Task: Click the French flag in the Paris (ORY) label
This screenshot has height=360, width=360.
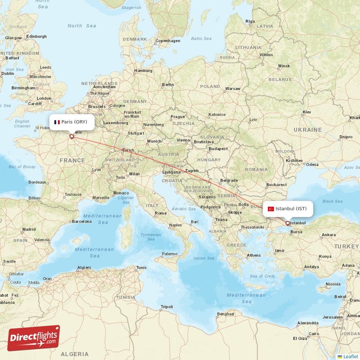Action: point(57,122)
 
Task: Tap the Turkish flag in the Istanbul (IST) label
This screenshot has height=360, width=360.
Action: point(271,209)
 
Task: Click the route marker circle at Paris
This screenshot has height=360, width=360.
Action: point(71,136)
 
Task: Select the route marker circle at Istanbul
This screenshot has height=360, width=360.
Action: point(288,223)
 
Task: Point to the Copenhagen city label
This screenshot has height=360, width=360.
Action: point(167,40)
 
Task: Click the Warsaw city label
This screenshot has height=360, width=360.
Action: point(233,89)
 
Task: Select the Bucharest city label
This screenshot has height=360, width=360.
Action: point(276,184)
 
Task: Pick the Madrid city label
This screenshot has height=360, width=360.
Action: point(28,229)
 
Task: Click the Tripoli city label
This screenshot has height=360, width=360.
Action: point(166,307)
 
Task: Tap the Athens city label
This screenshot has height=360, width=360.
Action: point(253,255)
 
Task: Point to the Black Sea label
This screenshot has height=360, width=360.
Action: point(332,201)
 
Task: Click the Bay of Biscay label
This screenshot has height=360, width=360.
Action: point(22,167)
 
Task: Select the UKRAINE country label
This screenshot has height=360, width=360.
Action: point(308,130)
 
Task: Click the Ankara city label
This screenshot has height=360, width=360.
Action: point(328,234)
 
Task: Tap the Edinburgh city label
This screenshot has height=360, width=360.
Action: point(36,36)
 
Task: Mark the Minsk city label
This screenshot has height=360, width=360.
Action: point(284,66)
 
